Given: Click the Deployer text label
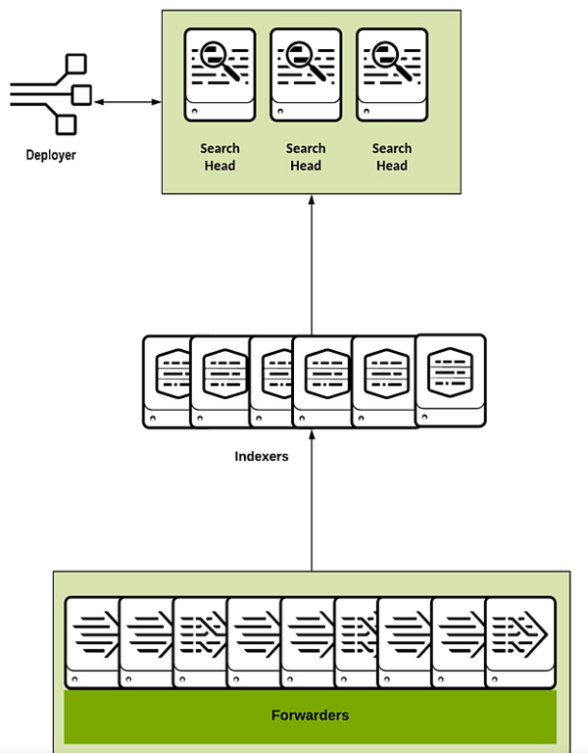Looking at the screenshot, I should point(50,155).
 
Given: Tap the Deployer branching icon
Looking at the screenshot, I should point(50,95).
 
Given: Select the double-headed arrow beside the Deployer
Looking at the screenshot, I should point(128,101).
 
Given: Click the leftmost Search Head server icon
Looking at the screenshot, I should point(220,75).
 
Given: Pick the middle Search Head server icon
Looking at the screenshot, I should point(306,75).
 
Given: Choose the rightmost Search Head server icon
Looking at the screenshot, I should point(392,75).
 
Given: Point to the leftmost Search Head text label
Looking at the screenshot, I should point(220,157).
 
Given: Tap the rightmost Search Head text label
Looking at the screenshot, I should point(392,157).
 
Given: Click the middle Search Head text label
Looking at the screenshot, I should point(306,157).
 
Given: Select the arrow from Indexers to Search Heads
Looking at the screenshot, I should point(312,265).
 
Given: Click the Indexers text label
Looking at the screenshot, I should point(262,456).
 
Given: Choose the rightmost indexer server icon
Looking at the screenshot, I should point(451,377).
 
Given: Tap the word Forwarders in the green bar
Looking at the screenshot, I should point(310,715).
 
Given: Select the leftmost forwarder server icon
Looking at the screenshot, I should point(92,642).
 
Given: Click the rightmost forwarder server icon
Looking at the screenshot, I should point(520,642).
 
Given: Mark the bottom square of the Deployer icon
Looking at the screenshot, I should point(66,125).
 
